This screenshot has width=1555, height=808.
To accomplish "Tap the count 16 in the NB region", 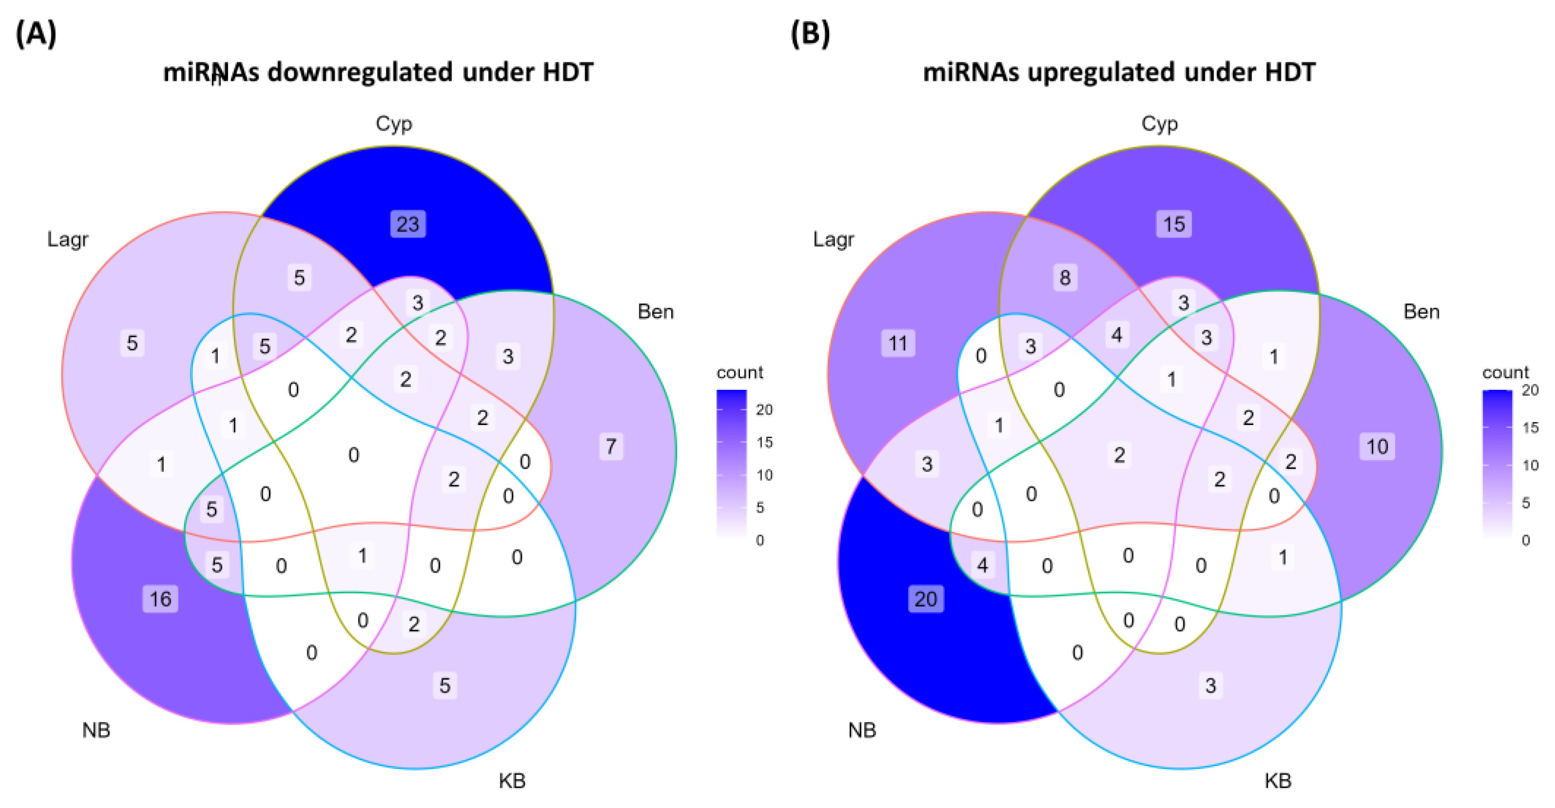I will pos(161,599).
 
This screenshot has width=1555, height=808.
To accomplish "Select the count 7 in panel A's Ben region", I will pos(611,447).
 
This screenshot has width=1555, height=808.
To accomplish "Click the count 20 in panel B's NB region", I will pos(926,599).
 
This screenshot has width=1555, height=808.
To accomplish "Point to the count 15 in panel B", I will pos(1174,224).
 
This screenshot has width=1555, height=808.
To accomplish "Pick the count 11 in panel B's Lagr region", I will pos(898,344).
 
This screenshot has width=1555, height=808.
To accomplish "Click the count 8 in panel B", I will pos(1065,278).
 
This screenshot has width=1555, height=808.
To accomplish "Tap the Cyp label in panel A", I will pos(394,124).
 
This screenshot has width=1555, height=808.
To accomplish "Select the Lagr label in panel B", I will pos(833,240).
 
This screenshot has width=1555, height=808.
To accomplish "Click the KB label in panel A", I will pos(512,781).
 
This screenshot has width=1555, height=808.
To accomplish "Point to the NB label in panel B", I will pos(862,731).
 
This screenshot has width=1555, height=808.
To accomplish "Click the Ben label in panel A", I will pos(656,311).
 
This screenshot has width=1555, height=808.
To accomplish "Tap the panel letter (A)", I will pos(36,34).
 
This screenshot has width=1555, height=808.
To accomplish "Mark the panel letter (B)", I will pos(810,34).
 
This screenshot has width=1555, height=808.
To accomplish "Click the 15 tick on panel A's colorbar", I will pos(764,442).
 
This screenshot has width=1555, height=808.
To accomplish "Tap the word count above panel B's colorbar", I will pos(1505,373).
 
